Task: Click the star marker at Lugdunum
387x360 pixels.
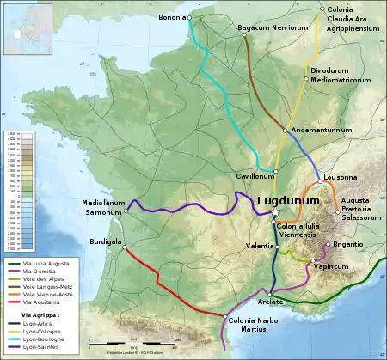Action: (275, 211)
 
